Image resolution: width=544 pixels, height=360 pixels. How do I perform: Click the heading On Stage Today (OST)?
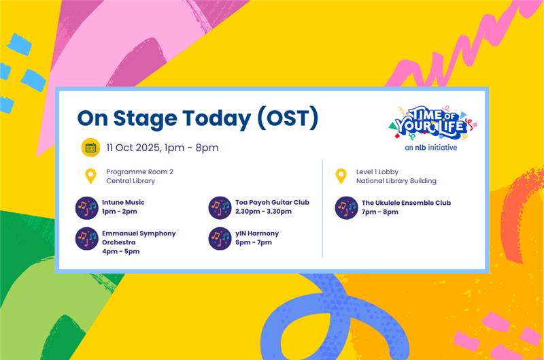197,118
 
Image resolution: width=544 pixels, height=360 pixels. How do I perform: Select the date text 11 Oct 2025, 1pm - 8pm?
163,148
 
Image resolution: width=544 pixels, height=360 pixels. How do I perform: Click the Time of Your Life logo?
431,123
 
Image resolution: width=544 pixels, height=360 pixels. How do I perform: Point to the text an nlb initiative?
431,147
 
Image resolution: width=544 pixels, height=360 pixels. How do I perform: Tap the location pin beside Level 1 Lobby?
341,176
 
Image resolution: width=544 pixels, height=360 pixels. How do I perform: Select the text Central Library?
131,181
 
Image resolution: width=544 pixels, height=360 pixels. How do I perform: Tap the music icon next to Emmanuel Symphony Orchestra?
87,239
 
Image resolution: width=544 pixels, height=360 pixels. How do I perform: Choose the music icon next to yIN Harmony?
220,238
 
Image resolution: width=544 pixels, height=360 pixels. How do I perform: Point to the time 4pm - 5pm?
120,251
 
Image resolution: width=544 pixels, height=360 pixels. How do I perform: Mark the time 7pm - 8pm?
380,212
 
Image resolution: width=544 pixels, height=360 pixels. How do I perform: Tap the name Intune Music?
123,202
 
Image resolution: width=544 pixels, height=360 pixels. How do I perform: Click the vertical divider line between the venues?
322,208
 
